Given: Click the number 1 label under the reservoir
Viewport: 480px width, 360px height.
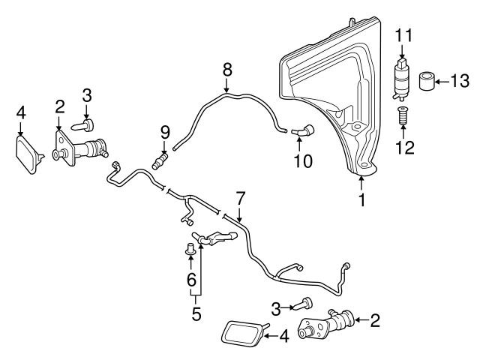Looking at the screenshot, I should pyautogui.click(x=363, y=201).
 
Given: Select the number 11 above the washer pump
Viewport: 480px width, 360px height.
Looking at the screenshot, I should pyautogui.click(x=404, y=35).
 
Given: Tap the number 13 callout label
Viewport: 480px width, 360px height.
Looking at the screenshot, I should pyautogui.click(x=458, y=80).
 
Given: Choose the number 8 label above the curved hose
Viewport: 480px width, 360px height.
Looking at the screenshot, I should pyautogui.click(x=227, y=70).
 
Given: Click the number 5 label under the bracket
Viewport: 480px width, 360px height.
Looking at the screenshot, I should pyautogui.click(x=196, y=313).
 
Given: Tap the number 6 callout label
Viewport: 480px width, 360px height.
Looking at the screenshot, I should pyautogui.click(x=191, y=280).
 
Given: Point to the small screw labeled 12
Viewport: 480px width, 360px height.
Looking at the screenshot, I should pyautogui.click(x=403, y=117).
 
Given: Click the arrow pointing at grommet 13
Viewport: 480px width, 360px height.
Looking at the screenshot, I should pyautogui.click(x=443, y=80).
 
